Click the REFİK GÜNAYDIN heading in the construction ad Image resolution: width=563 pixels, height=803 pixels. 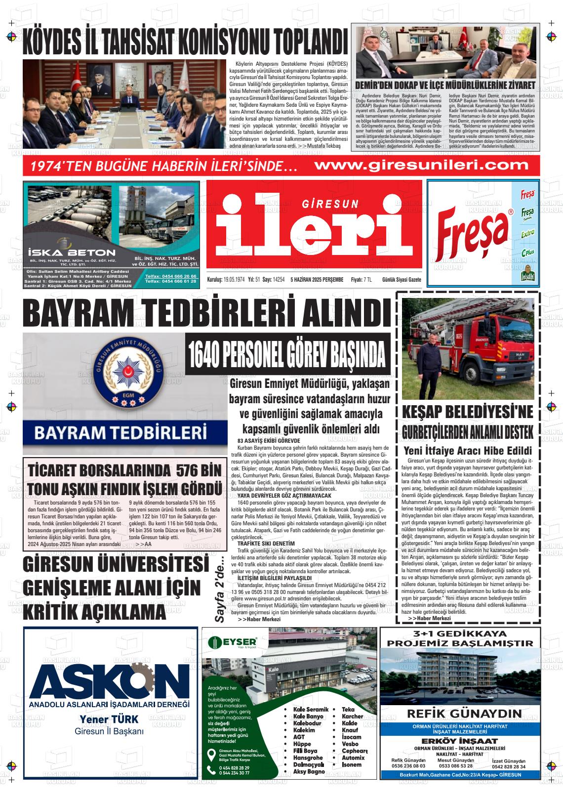click(464, 713)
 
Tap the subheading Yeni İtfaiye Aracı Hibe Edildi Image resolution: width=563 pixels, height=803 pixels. click(467, 450)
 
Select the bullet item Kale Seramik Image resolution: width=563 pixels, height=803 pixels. click(308, 710)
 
